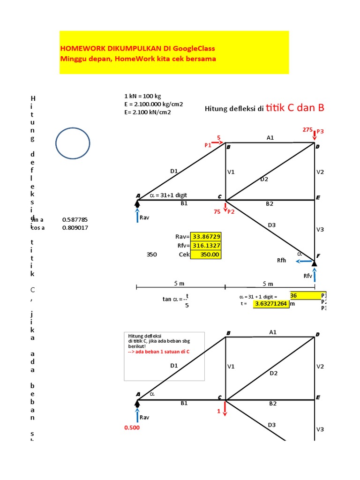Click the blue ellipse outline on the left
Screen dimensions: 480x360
tap(73, 143)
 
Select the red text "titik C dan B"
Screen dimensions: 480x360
tap(295, 108)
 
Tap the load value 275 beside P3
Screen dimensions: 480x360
tap(307, 129)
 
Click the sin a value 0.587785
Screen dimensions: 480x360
tap(75, 219)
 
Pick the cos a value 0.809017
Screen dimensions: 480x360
tap(75, 228)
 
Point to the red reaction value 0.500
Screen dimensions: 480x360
tap(131, 428)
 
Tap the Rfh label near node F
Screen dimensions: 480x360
tap(282, 261)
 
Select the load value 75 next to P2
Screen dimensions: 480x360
tap(217, 212)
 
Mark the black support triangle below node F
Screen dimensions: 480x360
tap(315, 263)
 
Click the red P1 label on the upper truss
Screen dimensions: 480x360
tap(208, 145)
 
